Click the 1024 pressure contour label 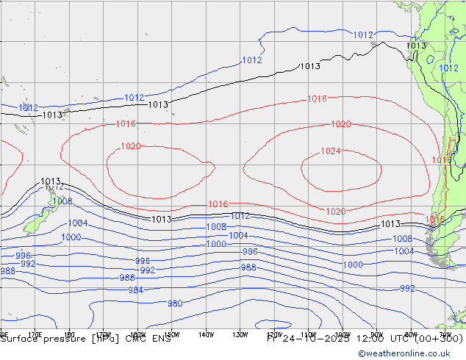331,152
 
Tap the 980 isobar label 175,303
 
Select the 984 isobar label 135,290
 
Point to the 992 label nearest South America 407,289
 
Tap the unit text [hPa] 112,339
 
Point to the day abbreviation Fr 272,339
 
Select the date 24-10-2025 316,339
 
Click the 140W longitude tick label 206,334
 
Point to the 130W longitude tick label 240,334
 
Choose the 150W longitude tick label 172,334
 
